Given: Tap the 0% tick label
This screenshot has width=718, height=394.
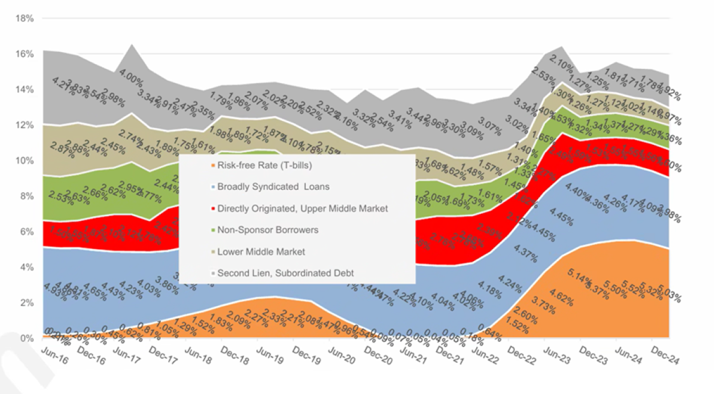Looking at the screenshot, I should (x=28, y=338).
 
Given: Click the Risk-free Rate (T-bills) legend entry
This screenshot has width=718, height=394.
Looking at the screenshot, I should (x=264, y=166).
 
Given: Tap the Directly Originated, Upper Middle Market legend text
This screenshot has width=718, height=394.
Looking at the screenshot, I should (x=302, y=208).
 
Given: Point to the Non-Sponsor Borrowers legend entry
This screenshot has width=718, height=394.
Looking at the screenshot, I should (x=267, y=230).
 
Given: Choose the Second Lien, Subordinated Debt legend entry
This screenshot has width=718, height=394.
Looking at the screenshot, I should (x=285, y=273).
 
